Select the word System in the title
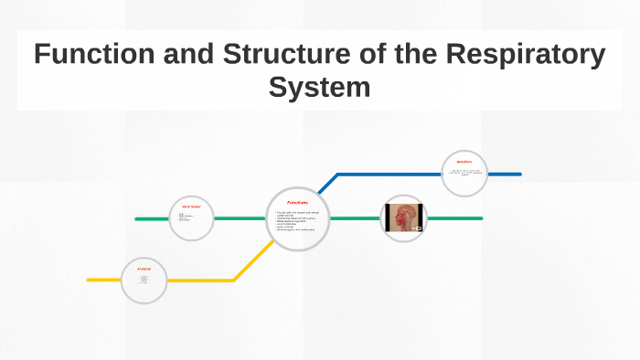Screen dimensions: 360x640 pos(319,88)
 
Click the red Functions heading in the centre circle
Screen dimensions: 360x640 pos(297,202)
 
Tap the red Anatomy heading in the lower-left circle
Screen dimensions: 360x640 pos(144,269)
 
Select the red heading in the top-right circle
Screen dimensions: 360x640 pos(464,161)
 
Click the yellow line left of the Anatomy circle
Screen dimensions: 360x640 pos(103,280)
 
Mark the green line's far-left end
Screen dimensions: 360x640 pos(137,219)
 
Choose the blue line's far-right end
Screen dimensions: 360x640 pos(519,174)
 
